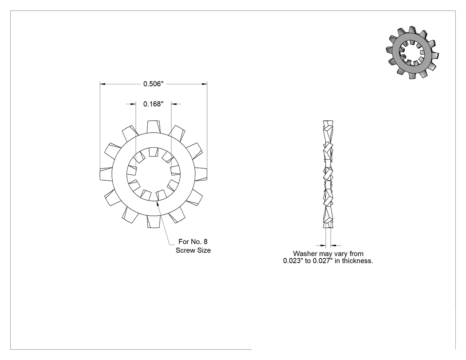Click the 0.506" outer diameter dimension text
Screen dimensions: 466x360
154,84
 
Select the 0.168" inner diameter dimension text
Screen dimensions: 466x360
154,104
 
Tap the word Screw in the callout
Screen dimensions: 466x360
185,250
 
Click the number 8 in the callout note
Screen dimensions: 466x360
205,241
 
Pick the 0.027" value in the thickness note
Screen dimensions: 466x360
323,261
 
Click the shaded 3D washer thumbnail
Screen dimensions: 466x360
412,52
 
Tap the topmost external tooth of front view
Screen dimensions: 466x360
154,127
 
